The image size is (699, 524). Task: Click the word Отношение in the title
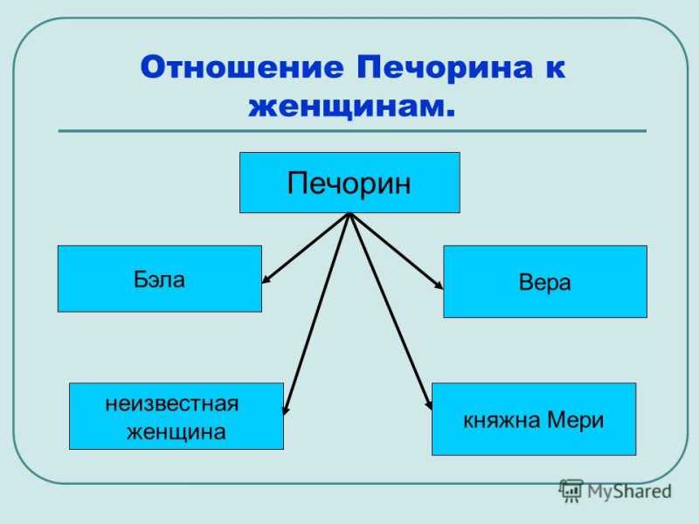242,67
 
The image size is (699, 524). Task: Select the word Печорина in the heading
445,68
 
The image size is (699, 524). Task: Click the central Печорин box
350,183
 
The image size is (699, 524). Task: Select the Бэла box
160,279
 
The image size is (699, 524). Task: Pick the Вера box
545,281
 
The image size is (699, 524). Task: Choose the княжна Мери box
534,419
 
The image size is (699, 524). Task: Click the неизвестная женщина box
176,417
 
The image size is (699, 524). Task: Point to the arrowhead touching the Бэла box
266,279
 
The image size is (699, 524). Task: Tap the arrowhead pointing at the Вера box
439,285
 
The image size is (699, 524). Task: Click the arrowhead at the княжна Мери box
428,403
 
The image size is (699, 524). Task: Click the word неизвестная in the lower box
172,404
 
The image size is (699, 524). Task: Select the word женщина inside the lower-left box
176,432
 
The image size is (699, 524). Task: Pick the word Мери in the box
575,421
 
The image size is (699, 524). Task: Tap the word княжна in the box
502,421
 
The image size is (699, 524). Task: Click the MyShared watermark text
629,492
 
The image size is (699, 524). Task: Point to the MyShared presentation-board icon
571,491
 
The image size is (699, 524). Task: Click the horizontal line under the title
352,131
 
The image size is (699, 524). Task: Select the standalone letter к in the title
556,69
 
